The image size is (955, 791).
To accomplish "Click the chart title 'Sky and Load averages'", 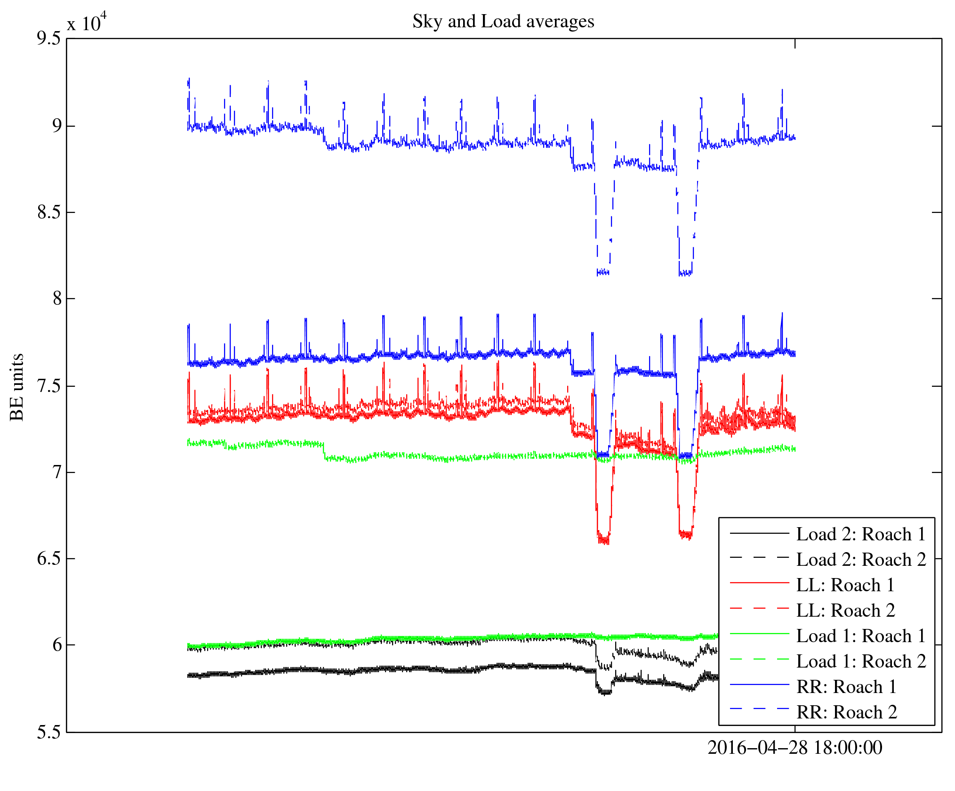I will click(x=503, y=22).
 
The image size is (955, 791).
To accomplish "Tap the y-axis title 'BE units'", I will click(x=17, y=387).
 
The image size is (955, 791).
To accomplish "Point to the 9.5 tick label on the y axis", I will click(x=49, y=39).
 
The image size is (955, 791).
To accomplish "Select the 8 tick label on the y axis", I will click(x=57, y=299).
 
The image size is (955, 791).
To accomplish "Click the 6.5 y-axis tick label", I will click(x=49, y=559).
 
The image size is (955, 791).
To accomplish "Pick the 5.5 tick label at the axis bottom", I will click(x=49, y=733).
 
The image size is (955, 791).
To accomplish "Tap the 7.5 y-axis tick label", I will click(x=49, y=386).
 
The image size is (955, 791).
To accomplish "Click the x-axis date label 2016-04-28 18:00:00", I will click(x=794, y=748).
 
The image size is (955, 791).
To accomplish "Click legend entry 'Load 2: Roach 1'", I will click(x=861, y=534).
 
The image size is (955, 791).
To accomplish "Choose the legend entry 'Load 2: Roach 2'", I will click(x=861, y=560).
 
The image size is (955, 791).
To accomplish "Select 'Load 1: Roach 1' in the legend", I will click(x=861, y=636).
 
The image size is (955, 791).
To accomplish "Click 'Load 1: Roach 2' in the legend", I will click(x=861, y=661).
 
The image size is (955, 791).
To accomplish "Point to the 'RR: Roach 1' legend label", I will click(x=846, y=687).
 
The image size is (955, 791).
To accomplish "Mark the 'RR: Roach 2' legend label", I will click(x=846, y=712).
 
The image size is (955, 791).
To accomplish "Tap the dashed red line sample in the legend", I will click(x=759, y=609).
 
